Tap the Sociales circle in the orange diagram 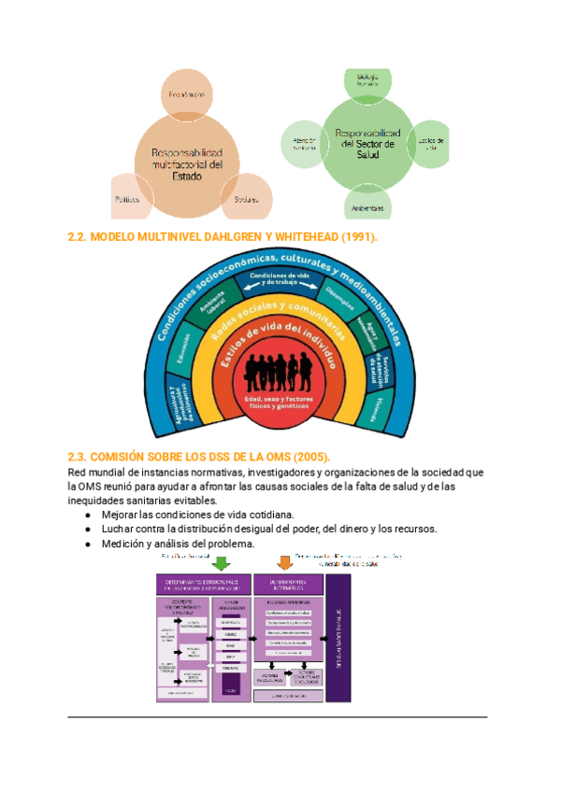(247, 198)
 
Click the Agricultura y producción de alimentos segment (177, 403)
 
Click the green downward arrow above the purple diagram (222, 563)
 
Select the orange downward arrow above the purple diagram (285, 563)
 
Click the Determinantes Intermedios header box (288, 585)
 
